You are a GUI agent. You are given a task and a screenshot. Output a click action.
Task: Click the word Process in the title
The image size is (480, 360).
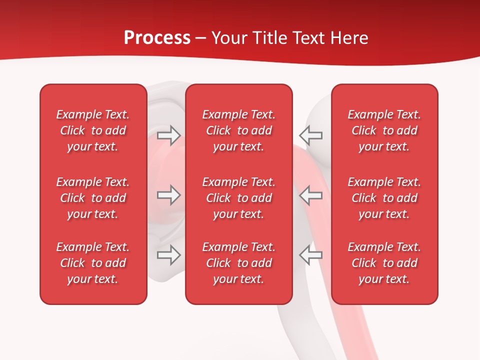point(157,38)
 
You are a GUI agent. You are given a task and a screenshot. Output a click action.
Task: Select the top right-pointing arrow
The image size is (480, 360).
point(168,135)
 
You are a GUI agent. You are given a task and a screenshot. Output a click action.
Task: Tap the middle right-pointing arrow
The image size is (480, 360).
point(168,195)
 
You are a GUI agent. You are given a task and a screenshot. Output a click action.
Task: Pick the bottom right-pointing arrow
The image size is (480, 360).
point(168,255)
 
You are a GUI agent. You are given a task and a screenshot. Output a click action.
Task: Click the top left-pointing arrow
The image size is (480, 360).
point(310,135)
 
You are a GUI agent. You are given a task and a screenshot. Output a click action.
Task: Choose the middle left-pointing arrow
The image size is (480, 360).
point(310,195)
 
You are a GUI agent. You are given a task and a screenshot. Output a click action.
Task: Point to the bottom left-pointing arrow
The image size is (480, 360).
point(310,255)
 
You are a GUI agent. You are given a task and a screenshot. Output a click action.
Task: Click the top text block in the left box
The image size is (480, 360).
point(93,130)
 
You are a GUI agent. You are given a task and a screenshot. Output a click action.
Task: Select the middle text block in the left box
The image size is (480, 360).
point(93,198)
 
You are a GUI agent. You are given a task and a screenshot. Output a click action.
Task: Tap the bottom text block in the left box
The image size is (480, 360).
point(93,263)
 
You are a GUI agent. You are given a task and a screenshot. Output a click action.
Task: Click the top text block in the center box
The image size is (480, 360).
point(239,130)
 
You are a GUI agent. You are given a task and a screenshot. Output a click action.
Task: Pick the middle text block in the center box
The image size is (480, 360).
point(239,198)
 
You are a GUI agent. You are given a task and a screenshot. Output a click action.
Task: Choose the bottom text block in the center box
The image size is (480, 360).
point(239,263)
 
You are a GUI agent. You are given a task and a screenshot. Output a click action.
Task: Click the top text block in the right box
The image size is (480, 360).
point(384,130)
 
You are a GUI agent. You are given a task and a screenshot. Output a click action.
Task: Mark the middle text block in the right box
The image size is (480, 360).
point(384,198)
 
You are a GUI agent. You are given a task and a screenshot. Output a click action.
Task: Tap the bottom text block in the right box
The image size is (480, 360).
point(384,263)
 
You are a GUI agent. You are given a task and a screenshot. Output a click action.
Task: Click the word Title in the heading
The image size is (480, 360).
point(269,38)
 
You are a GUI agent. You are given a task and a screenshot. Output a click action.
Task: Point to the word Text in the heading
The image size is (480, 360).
point(307,38)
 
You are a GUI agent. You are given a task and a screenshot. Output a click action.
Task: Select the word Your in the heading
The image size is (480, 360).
point(230,38)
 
